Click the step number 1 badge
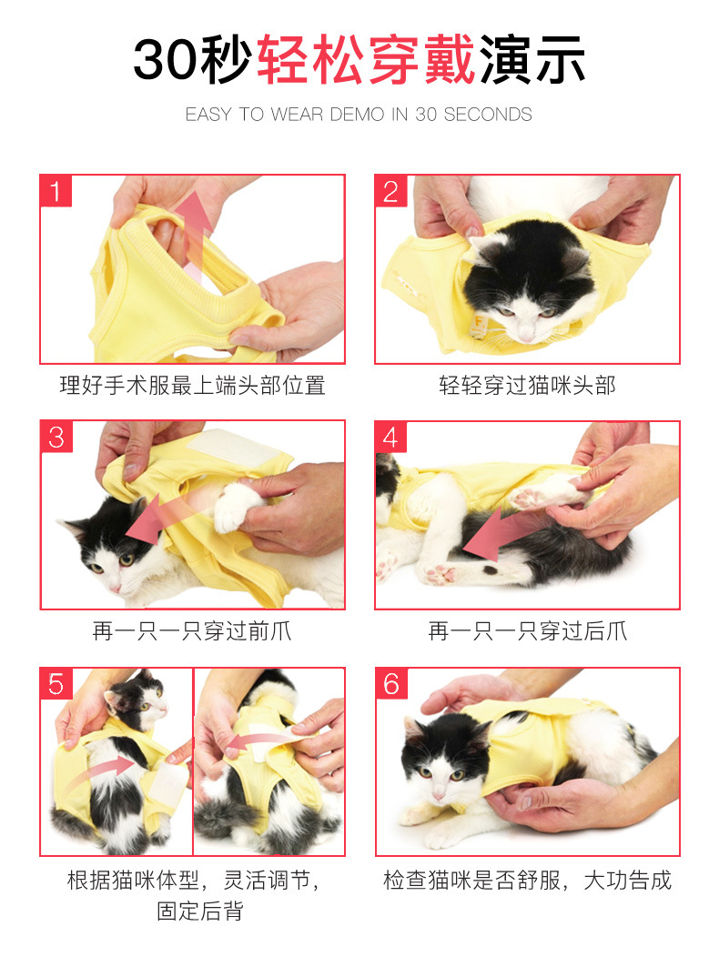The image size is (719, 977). point(56,191)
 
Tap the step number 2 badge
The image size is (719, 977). point(391,191)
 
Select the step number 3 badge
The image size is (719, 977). point(56,437)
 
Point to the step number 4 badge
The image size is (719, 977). point(391,437)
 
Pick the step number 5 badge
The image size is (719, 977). point(56,683)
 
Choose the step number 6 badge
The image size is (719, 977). point(391,683)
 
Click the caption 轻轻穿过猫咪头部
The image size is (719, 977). point(527,386)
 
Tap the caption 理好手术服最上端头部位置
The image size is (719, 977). point(192,386)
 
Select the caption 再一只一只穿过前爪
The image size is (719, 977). point(192,631)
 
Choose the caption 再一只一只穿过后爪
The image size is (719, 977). point(527,631)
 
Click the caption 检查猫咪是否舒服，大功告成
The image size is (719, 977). point(527,881)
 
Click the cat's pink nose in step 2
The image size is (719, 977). point(526,334)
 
